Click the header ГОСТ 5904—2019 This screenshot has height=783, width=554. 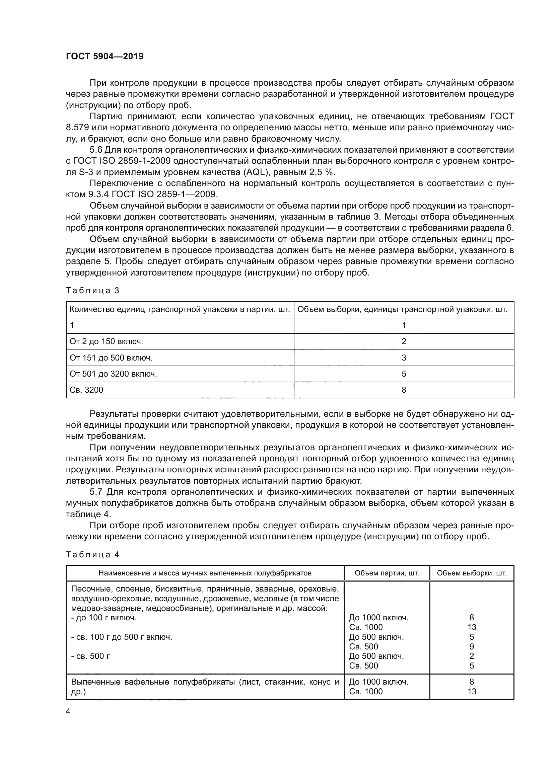coord(105,56)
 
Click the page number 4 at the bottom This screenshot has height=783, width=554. coord(68,711)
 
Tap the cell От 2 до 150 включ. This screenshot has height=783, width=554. coord(106,341)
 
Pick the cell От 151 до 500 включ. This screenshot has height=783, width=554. coord(111,358)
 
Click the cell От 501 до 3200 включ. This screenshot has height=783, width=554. coord(113,374)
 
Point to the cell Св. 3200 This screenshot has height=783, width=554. coord(86,390)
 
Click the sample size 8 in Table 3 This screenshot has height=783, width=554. coord(404,390)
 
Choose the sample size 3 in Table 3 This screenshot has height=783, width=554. coord(404,358)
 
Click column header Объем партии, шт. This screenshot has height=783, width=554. coord(387,573)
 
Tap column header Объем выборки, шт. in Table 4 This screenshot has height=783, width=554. coord(472,573)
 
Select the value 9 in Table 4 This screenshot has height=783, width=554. coord(472,647)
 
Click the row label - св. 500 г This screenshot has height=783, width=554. coord(90,656)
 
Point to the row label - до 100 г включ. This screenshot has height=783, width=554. coord(104,618)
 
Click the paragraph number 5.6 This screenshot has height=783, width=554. coord(96,150)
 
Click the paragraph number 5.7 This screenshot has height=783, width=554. coord(96,492)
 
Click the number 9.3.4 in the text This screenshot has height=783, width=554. coord(98,194)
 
